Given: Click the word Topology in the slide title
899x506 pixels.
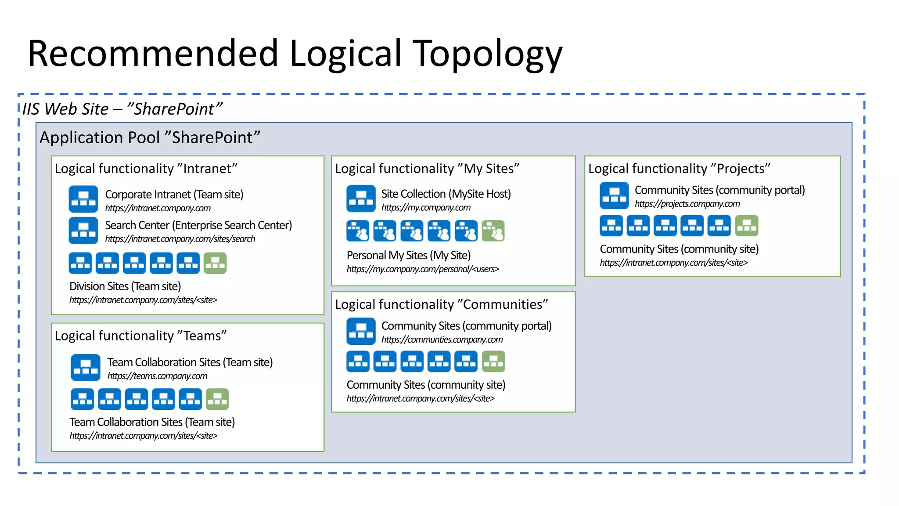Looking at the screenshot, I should point(487,54).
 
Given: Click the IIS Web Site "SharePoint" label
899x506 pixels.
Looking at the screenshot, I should point(122,109).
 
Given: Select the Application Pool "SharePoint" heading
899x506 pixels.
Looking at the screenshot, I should point(150,137).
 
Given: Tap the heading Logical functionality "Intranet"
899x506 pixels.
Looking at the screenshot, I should point(146,169).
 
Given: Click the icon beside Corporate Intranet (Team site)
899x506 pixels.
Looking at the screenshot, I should point(83,199).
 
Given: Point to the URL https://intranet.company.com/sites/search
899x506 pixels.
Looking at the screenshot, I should point(180,239).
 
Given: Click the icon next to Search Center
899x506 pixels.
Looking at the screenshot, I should point(83,230).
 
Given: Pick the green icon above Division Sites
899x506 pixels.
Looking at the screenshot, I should point(215,263).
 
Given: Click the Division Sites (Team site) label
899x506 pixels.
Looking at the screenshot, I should point(125,286).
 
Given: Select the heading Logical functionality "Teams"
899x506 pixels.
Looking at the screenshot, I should point(140,336).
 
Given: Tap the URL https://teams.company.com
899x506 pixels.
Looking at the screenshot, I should point(157,376).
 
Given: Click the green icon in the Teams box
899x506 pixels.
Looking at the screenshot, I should point(217,399).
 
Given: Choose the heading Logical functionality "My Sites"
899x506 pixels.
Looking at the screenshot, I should point(427,169).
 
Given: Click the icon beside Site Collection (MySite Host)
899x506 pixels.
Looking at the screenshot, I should point(361,199).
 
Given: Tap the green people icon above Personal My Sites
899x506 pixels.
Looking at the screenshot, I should point(493,231).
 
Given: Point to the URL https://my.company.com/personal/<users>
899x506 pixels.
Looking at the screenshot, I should point(423,269).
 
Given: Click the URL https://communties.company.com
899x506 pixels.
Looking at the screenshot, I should point(442,340).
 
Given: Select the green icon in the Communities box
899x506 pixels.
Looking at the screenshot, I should point(493,361).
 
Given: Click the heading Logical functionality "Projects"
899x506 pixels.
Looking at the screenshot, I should point(679,169).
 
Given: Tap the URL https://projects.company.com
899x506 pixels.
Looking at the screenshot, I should point(687,204).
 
